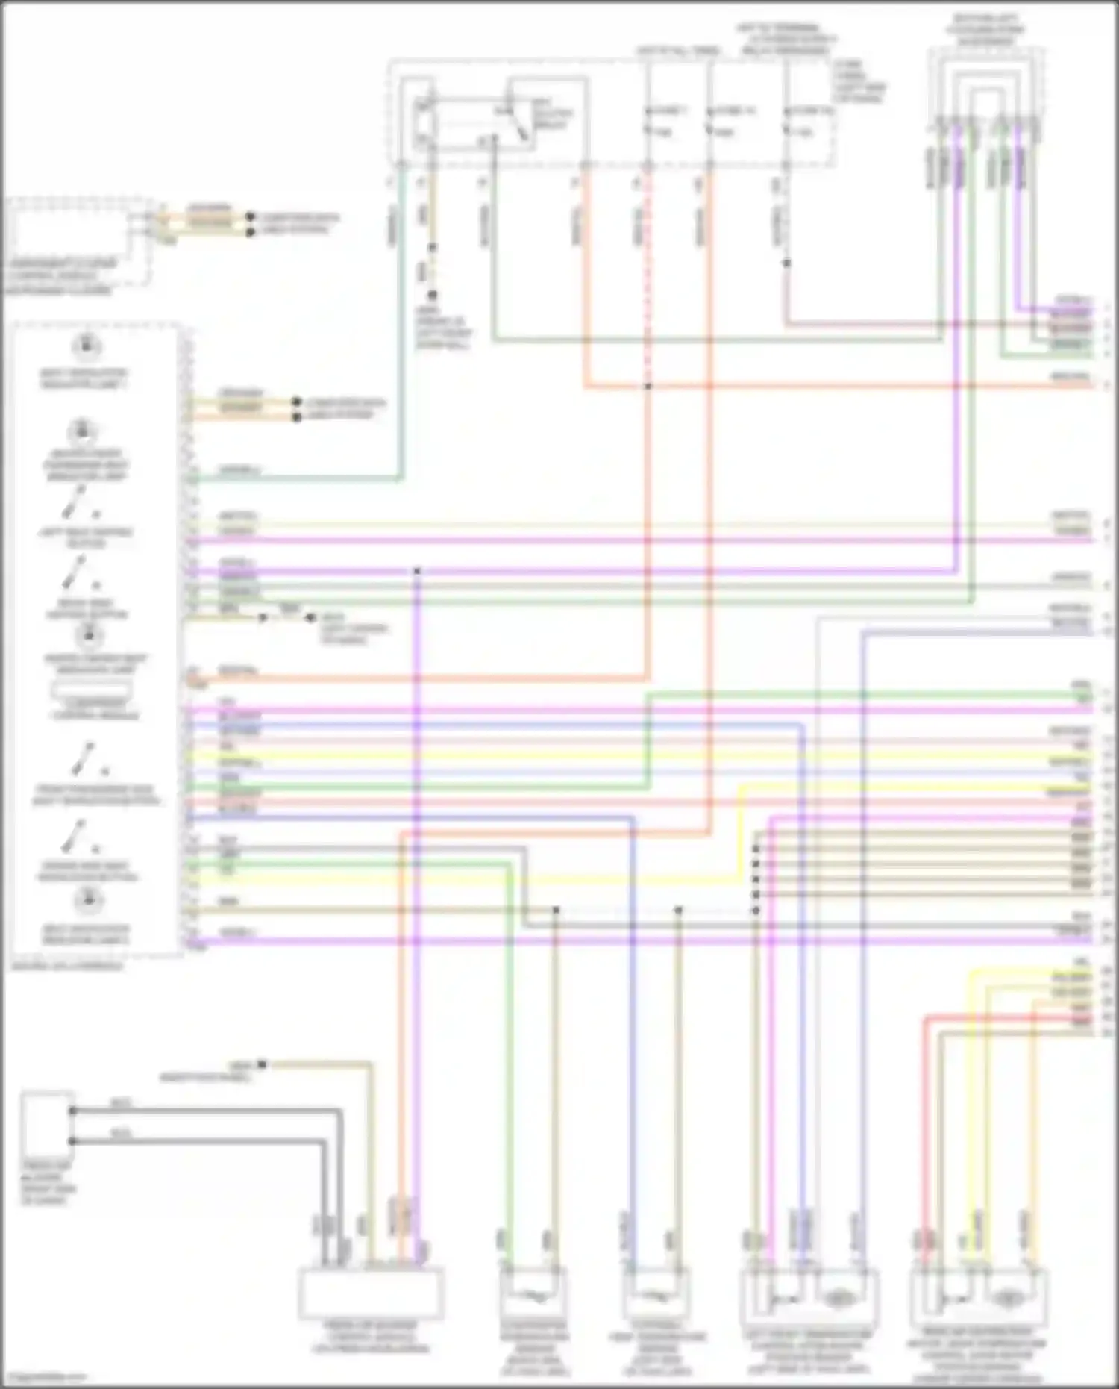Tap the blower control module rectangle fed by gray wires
coord(371,1293)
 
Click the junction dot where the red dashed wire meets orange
coord(648,387)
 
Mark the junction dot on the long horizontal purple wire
coord(417,572)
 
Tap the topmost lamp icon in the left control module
coord(87,346)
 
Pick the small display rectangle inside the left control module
coord(90,691)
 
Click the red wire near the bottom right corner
coord(925,1120)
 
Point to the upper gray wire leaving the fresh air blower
coord(209,1110)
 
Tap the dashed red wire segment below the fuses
coord(648,284)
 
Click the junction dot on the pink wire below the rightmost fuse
coord(786,263)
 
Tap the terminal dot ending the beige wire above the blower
coord(262,1064)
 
